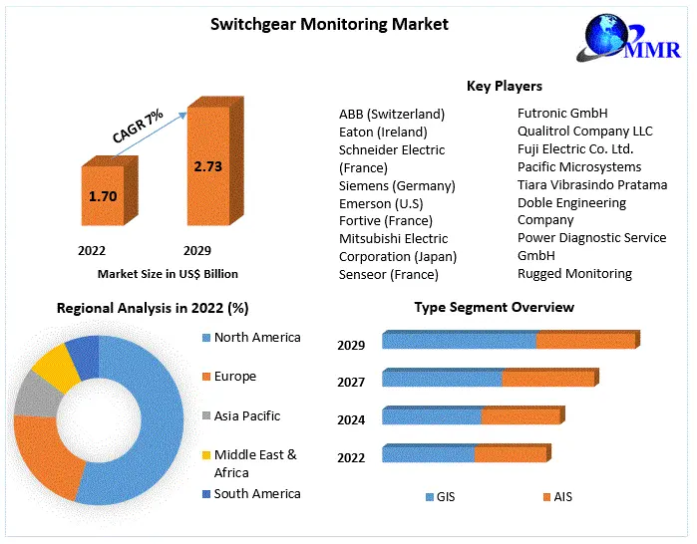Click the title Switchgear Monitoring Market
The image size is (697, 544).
[315, 24]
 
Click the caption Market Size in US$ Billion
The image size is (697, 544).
[168, 273]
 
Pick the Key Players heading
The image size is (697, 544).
[505, 87]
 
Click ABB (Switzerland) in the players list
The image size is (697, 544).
[392, 114]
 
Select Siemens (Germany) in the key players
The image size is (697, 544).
[397, 185]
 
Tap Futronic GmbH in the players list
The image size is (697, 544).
[562, 113]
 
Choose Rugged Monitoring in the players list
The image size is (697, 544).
[574, 273]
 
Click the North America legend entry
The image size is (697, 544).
[256, 338]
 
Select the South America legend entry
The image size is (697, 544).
[256, 494]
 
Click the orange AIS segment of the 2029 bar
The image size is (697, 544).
[585, 341]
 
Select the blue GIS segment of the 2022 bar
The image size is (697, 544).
[428, 454]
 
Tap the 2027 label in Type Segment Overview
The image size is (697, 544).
[351, 383]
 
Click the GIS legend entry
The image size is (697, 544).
[444, 496]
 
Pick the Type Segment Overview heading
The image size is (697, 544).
[494, 307]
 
